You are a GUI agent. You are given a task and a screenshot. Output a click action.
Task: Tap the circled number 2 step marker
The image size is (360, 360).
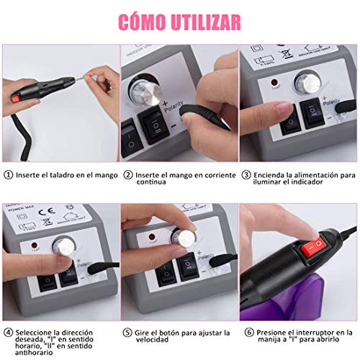(x=128, y=175)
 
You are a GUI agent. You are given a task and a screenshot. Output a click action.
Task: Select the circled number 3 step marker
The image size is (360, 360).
(x=246, y=175)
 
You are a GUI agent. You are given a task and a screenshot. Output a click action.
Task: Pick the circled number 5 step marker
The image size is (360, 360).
(x=128, y=333)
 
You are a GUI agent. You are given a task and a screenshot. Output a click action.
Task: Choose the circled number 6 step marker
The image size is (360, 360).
(x=246, y=333)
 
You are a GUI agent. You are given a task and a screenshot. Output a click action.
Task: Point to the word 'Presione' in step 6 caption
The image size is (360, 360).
(x=274, y=333)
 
